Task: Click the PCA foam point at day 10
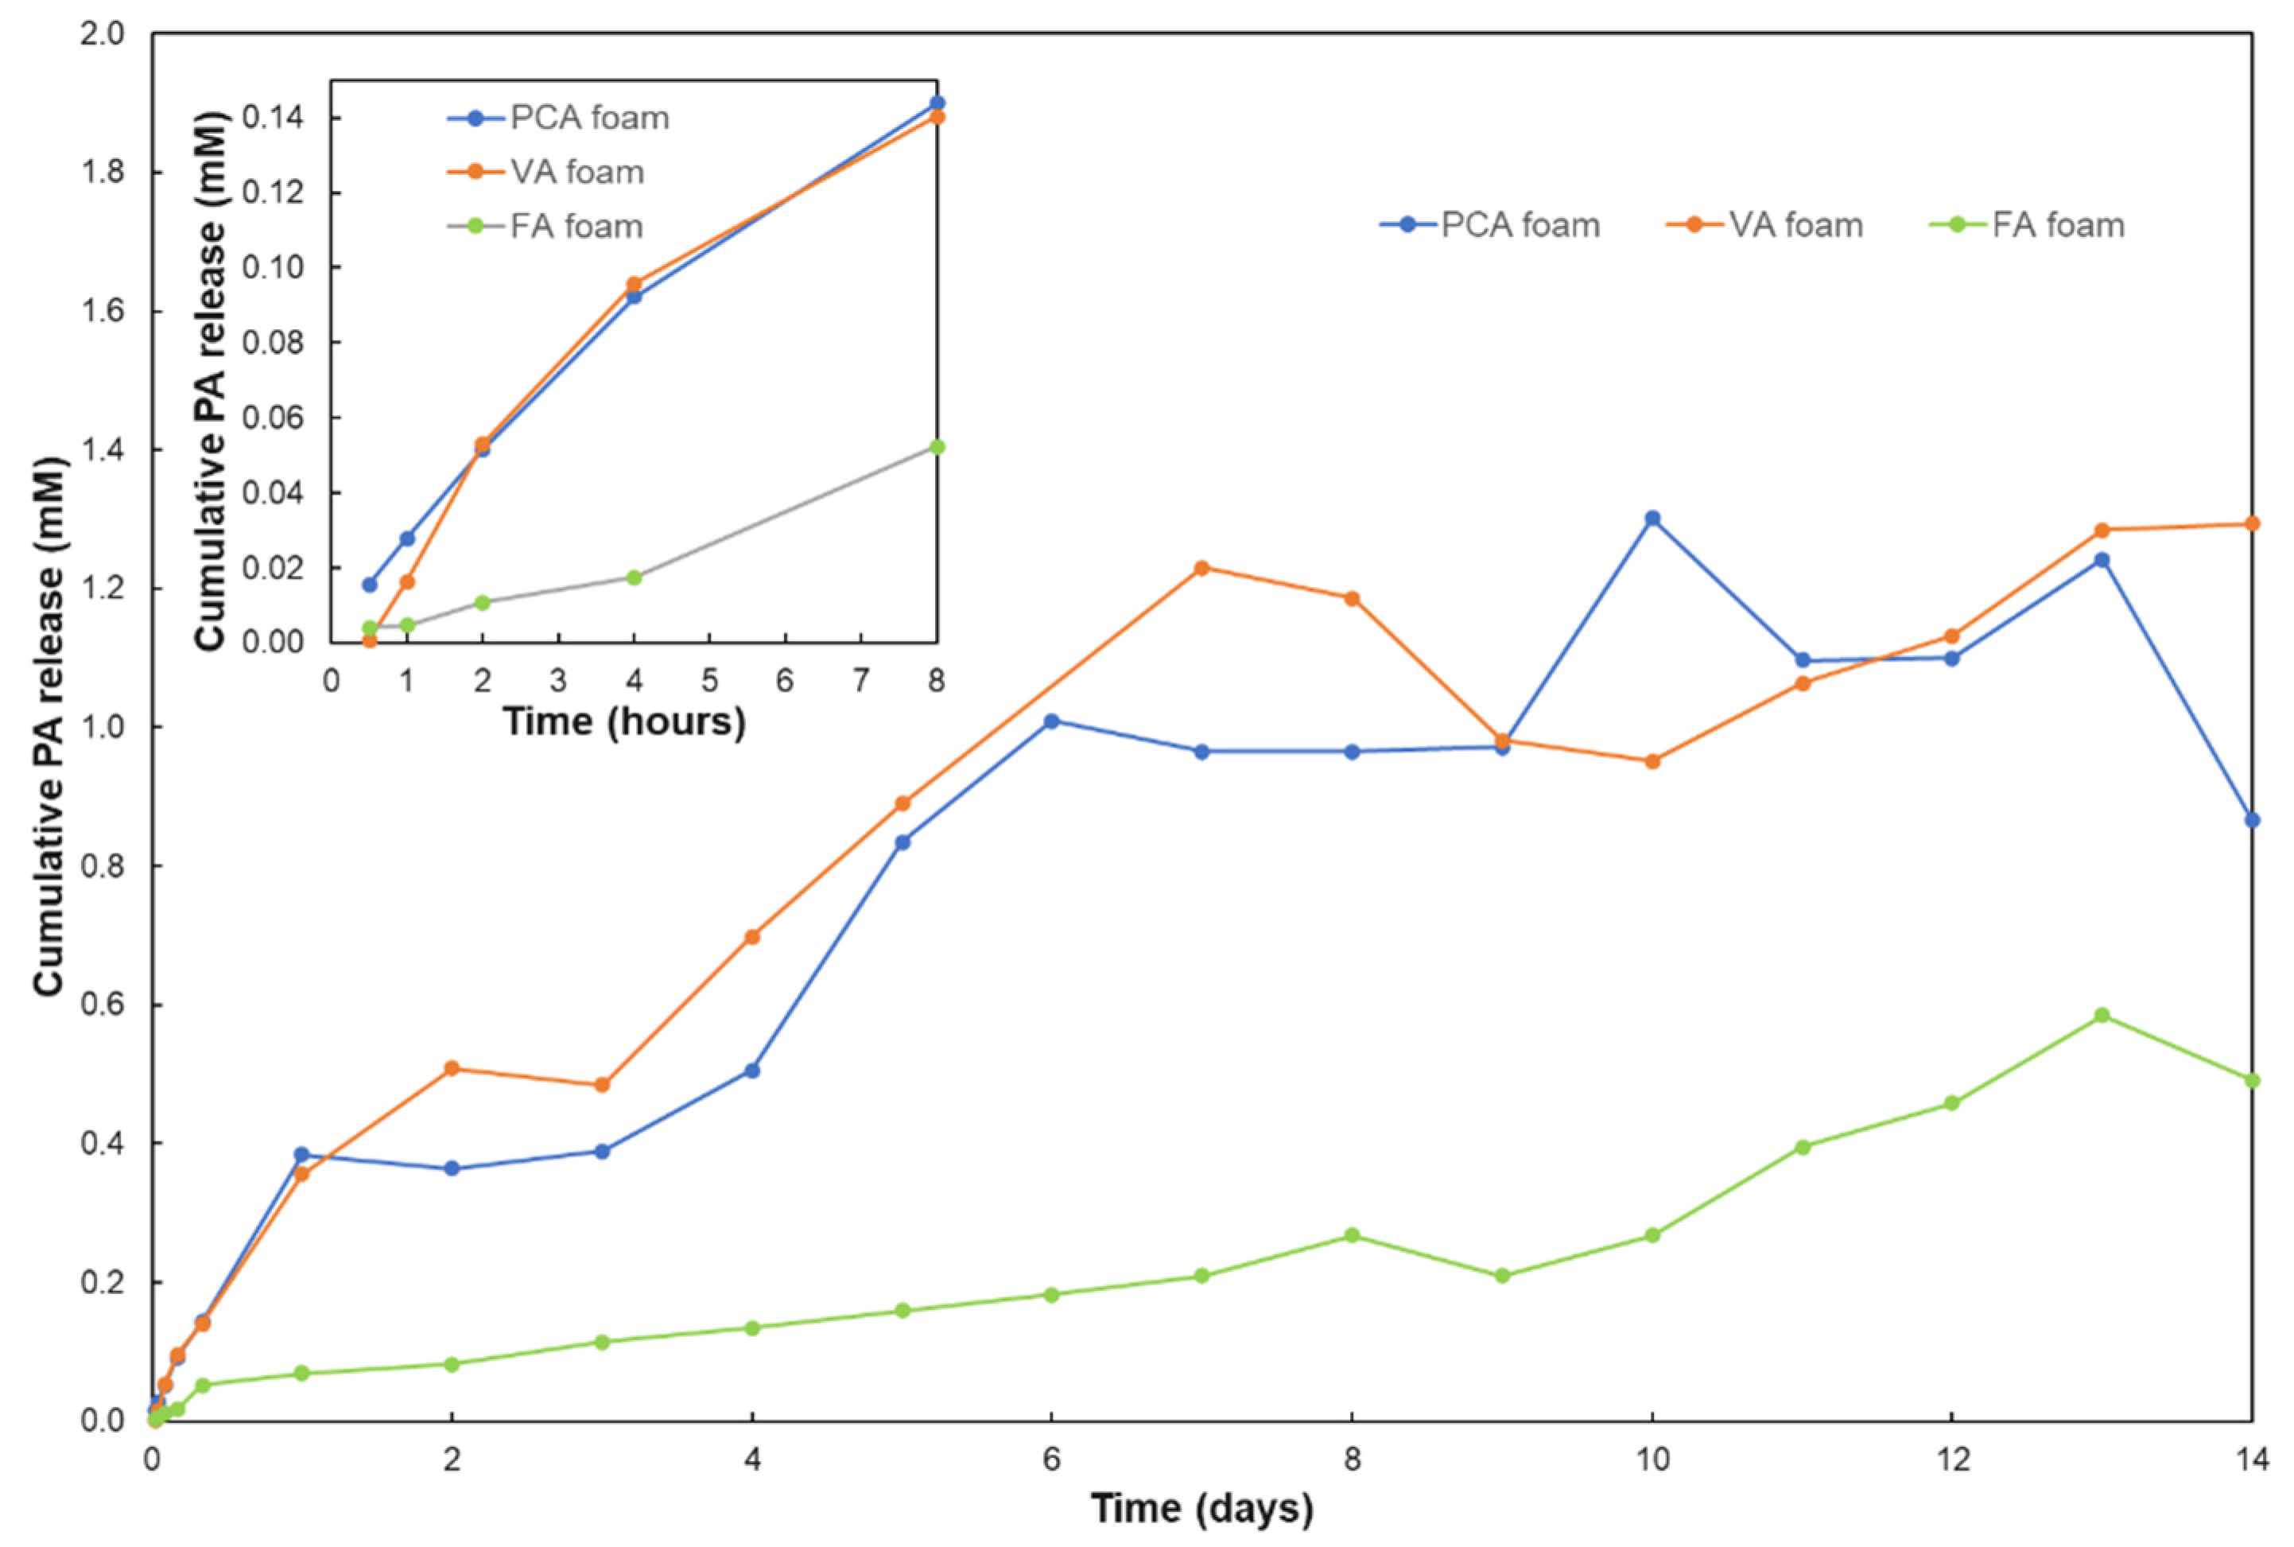(1652, 518)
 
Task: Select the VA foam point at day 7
(1201, 568)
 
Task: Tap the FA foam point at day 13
(2102, 1015)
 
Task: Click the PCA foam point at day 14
(2252, 820)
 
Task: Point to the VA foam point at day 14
(2252, 524)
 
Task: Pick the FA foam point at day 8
(1352, 1235)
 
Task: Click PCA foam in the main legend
(1519, 225)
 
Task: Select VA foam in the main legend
(1795, 225)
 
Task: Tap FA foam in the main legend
(2057, 225)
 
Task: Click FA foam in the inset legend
(576, 227)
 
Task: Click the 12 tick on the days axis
(1952, 1460)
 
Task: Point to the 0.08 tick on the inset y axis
(279, 342)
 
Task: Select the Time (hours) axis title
(624, 722)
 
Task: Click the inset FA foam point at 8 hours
(937, 447)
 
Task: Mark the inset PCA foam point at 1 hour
(407, 538)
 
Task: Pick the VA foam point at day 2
(452, 1068)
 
